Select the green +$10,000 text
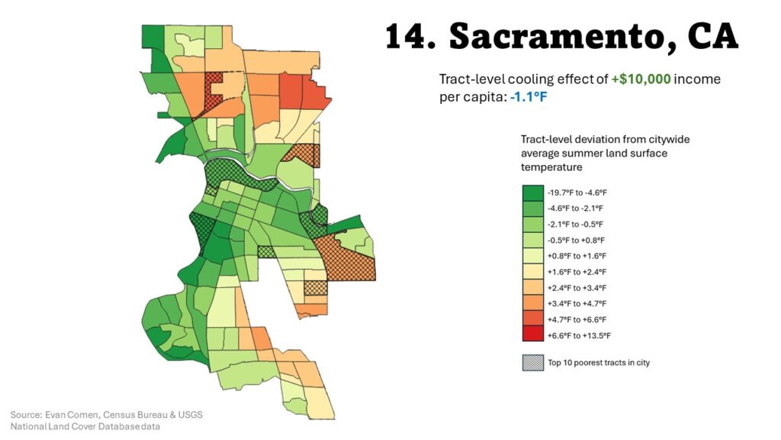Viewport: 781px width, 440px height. click(641, 79)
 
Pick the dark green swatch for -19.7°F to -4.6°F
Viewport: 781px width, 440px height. click(532, 192)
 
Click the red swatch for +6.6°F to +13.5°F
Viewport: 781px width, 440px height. click(532, 335)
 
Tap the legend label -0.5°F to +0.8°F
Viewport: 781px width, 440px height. click(574, 240)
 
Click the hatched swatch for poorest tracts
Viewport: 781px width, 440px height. click(532, 363)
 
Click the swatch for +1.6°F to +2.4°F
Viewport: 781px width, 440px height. click(532, 271)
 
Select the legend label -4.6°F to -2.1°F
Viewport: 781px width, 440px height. click(574, 208)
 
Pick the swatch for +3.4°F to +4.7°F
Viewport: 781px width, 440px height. click(532, 303)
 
